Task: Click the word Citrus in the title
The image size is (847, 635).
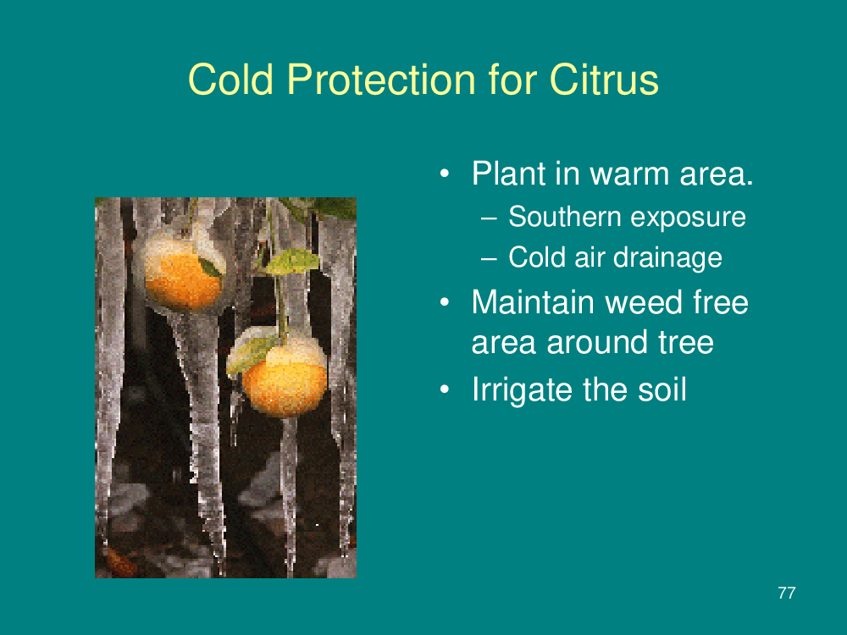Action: click(x=604, y=80)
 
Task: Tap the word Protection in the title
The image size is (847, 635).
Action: click(x=381, y=80)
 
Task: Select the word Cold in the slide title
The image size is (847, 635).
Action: click(x=230, y=80)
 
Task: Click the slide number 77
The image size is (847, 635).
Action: click(x=787, y=593)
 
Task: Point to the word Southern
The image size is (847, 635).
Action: click(x=564, y=217)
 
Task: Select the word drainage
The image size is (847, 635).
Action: click(x=669, y=258)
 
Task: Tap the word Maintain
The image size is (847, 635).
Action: click(x=533, y=302)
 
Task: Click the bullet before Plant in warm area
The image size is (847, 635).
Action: click(x=444, y=174)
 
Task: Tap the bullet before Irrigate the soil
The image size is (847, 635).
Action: click(x=444, y=389)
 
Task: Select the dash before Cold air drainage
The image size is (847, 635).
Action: click(x=489, y=258)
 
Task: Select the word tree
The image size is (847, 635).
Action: click(x=686, y=342)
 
